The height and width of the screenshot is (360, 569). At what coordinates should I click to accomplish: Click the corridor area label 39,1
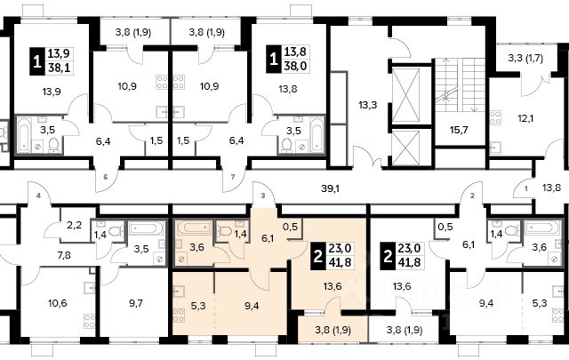[330, 188]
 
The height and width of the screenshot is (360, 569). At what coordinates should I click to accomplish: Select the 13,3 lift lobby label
[367, 105]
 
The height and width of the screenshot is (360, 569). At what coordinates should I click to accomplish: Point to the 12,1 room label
[525, 118]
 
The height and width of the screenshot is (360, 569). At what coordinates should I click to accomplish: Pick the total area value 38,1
[59, 68]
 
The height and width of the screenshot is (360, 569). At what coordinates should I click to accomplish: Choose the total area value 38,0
[295, 66]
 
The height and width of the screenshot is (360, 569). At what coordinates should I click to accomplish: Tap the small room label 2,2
[74, 226]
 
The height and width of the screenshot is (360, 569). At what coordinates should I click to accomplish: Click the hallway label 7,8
[64, 255]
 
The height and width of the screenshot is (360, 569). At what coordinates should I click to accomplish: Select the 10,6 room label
[57, 302]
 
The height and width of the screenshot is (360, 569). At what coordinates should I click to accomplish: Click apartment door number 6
[106, 178]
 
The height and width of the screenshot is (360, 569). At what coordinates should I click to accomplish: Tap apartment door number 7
[233, 178]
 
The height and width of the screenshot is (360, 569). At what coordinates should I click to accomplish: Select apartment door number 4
[38, 196]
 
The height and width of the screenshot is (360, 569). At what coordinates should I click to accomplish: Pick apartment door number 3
[263, 196]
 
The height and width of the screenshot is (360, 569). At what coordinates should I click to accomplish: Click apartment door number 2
[472, 196]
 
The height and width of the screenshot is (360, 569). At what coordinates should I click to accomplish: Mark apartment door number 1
[525, 188]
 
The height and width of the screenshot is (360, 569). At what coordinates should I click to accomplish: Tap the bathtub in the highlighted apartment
[194, 228]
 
